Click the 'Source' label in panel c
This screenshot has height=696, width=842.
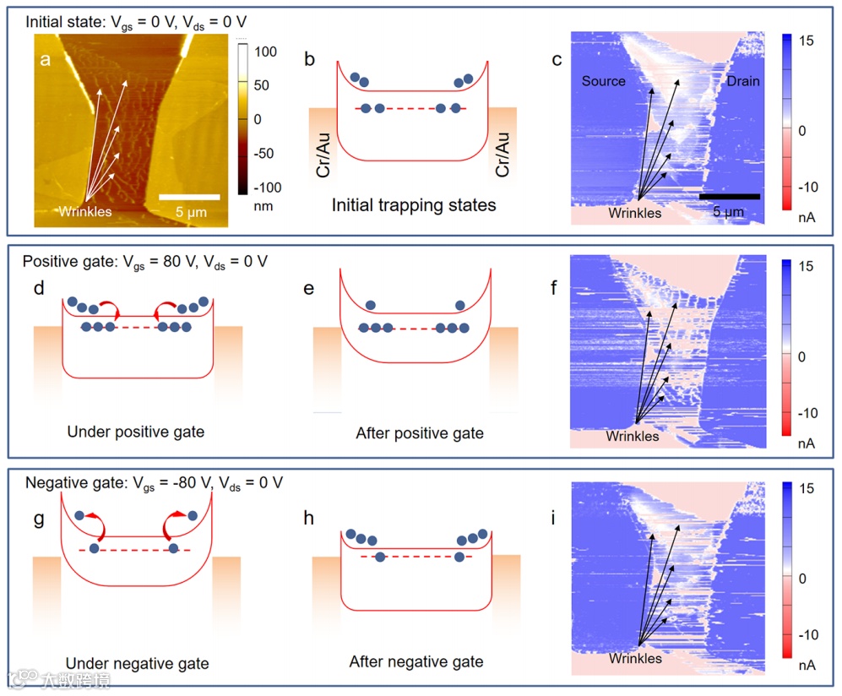coord(603,81)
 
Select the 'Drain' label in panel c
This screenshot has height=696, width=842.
coord(742,81)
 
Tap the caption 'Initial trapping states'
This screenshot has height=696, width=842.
coord(412,205)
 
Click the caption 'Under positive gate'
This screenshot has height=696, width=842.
coord(135,432)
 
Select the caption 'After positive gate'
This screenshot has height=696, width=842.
coord(420,433)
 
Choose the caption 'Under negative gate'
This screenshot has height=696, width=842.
coord(137,664)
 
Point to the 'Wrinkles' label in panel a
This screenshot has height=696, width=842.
coord(84,211)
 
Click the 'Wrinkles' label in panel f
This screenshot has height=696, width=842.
coord(633,437)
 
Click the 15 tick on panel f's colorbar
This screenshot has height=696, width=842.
coord(806,267)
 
